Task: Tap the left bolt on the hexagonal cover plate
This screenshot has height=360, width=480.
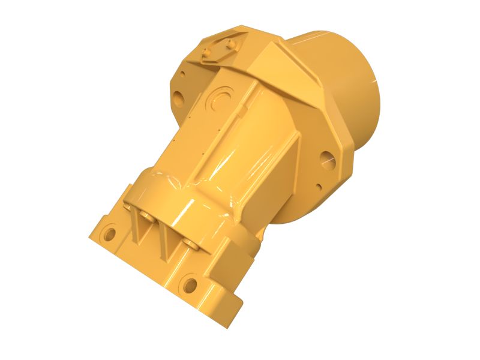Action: click(208, 54)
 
